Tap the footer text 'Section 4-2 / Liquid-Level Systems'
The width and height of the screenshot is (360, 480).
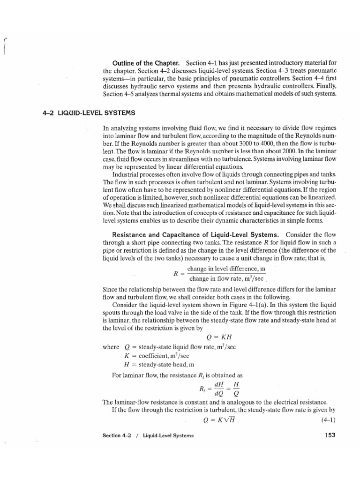pyautogui.click(x=148, y=435)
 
